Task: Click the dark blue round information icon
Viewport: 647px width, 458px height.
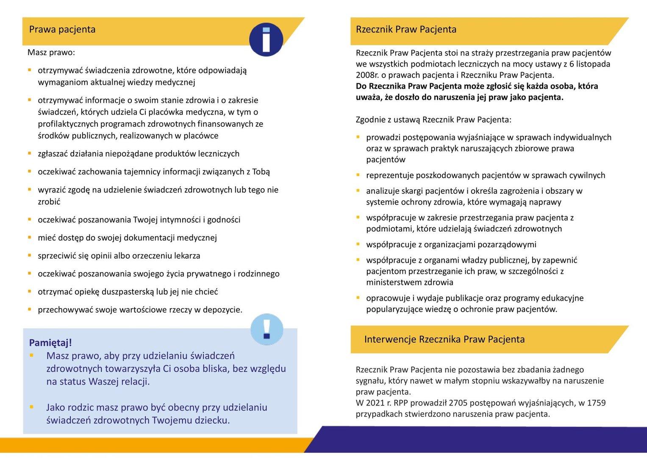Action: [266, 39]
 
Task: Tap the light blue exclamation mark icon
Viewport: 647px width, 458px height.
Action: [267, 329]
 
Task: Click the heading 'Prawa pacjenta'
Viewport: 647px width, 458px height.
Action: [62, 30]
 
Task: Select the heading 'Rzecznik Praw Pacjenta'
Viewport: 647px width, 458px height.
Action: [406, 30]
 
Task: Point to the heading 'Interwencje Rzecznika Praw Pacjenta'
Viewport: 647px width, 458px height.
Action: [444, 339]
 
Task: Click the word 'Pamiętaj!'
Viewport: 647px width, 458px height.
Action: [50, 343]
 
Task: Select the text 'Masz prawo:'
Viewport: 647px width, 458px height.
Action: [51, 53]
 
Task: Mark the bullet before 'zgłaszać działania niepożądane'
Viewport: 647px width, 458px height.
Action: [30, 153]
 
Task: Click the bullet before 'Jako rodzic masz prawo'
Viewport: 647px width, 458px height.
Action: [31, 407]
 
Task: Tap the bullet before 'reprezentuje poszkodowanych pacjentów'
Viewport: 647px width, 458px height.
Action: [358, 175]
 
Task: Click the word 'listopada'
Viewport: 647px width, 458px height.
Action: [593, 64]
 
